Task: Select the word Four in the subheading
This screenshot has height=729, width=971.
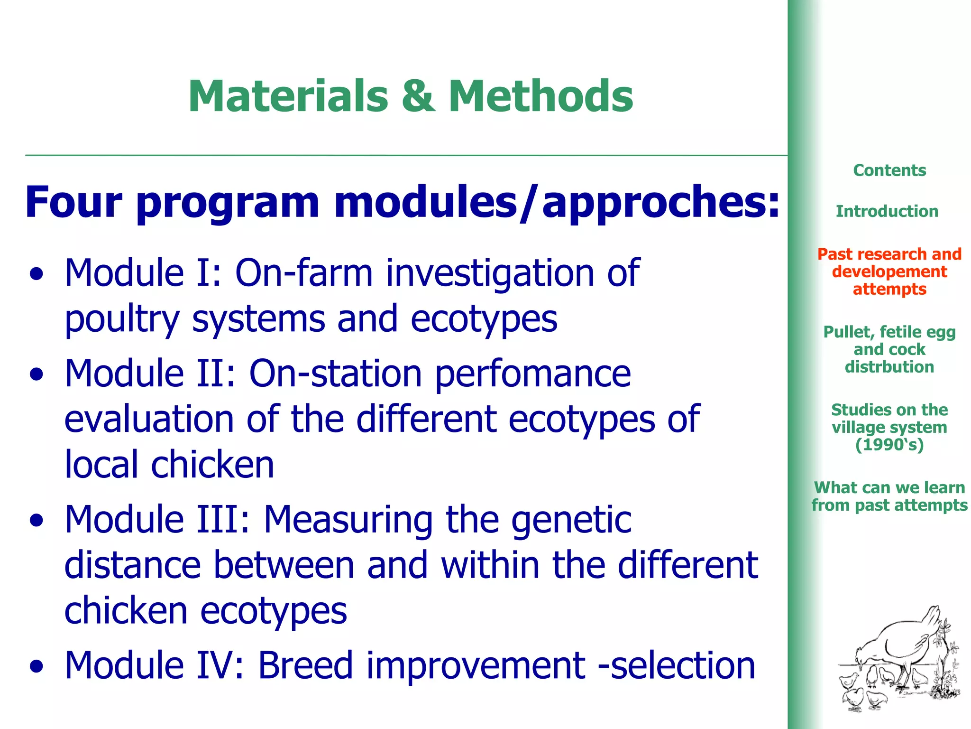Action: click(73, 202)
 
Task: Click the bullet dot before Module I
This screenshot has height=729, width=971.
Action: click(37, 275)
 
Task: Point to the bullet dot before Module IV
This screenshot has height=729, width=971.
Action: click(37, 667)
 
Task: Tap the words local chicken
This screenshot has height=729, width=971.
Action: click(169, 465)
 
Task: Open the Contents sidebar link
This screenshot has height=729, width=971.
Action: click(889, 170)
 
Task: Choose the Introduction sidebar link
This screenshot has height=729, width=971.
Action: click(887, 211)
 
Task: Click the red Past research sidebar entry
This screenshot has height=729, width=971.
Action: click(889, 271)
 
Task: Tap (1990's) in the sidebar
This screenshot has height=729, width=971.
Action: click(889, 445)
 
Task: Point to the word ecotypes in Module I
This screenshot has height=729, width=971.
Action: click(484, 319)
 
